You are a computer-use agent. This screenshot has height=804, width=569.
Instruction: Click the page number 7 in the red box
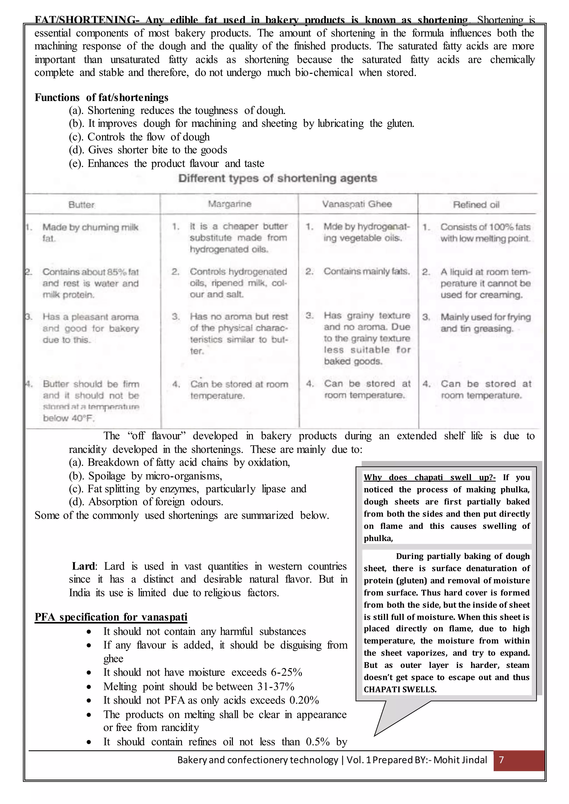pos(501,760)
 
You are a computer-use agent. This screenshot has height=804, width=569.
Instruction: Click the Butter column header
pos(82,205)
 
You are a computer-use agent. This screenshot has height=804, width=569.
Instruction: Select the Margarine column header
pos(229,204)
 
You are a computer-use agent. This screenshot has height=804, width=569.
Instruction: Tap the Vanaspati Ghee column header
pos(357,204)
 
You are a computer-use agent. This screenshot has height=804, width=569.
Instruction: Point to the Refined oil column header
pos(476,205)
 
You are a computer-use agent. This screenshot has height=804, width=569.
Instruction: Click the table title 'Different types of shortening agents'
pos(278,178)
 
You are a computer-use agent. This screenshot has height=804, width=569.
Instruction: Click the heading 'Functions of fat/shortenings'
pos(101,97)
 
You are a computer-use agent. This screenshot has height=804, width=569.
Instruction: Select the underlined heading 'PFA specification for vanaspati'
pos(111,617)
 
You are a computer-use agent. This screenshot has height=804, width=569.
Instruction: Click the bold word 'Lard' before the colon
pos(83,566)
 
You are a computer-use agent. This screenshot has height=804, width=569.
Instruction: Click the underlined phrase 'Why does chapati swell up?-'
pos(430,477)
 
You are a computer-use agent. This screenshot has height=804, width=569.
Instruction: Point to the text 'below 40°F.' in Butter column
pos(69,418)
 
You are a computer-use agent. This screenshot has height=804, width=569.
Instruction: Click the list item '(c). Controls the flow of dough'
pos(139,137)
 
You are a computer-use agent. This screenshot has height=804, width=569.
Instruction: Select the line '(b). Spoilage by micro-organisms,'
pos(145,476)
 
